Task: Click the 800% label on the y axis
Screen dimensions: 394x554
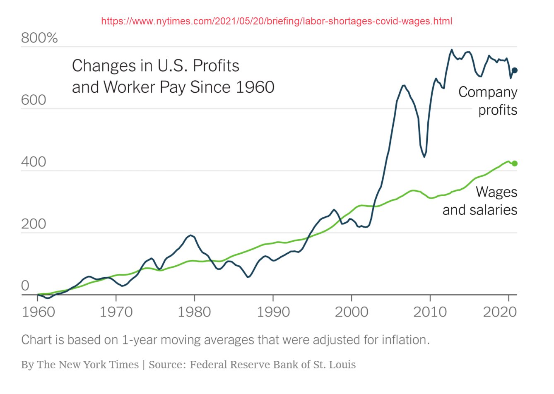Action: [x=39, y=38]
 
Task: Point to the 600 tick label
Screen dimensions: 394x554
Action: [x=34, y=100]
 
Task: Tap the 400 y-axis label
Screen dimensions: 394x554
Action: [x=34, y=162]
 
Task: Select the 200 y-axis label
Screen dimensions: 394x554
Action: [x=34, y=224]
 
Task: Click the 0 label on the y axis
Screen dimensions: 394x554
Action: [x=25, y=286]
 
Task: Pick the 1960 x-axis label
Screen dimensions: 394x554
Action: [x=38, y=312]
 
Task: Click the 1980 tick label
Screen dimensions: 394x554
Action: [x=194, y=312]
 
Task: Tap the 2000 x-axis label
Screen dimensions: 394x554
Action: [x=351, y=312]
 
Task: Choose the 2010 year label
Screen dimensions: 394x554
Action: [x=430, y=312]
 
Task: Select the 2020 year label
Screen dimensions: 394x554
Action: [x=500, y=312]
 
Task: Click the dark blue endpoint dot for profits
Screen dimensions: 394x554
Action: [x=515, y=70]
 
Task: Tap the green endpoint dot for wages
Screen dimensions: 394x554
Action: [x=515, y=163]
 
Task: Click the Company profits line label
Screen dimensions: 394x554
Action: [x=488, y=101]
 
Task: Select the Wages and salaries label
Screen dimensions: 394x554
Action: [x=480, y=201]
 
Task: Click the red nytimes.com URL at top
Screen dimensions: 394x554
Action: [x=277, y=21]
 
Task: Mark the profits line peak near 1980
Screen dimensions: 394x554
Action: [x=190, y=235]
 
